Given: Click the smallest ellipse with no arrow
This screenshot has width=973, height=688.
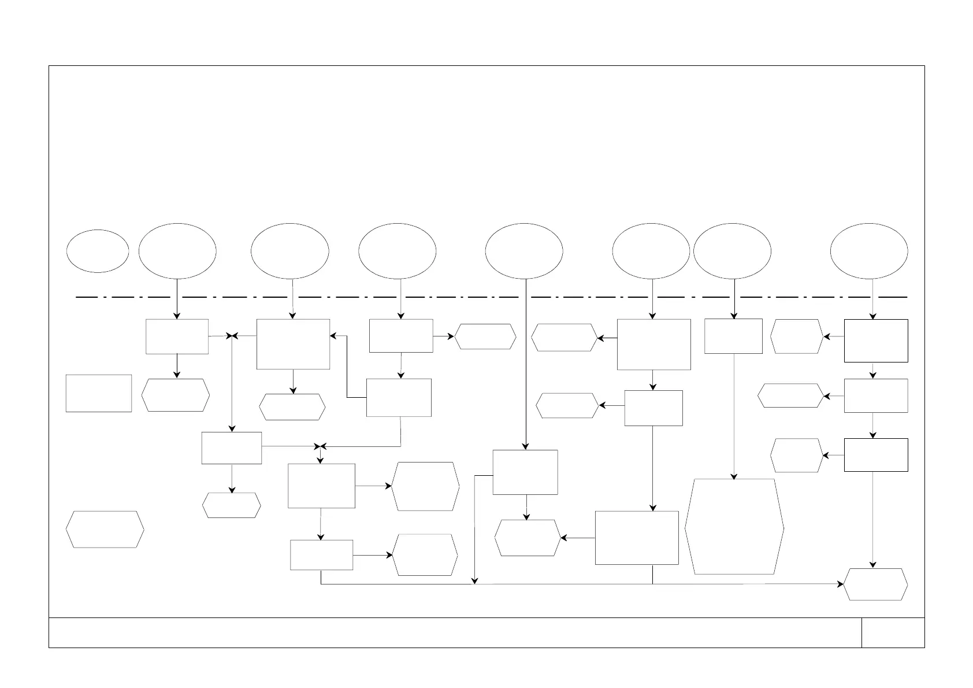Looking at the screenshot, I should pos(98,251).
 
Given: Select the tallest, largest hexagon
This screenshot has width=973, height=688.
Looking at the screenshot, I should pos(734,526).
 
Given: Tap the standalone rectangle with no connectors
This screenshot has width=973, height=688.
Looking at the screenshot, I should pos(99,393).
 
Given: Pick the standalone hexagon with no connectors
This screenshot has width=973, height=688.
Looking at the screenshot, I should pos(105,529).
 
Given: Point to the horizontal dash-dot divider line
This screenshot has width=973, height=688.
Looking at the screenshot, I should pos(491,297).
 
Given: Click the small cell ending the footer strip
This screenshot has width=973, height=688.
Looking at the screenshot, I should pos(893,632).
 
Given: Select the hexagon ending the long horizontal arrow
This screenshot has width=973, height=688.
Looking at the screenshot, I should pos(875,585).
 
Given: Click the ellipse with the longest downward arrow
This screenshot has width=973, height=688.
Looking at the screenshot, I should pos(524,251).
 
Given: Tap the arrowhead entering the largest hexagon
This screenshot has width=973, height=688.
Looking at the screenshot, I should pos(734,476).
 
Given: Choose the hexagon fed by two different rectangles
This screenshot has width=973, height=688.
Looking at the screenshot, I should pos(528,538).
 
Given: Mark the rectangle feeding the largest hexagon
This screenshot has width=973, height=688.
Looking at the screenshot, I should pos(733,336).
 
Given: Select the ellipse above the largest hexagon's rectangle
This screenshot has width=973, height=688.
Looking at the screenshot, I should pos(732,251).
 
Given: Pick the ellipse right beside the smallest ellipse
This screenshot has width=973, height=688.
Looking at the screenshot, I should pos(177,251).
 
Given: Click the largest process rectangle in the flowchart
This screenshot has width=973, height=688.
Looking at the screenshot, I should pos(637,538).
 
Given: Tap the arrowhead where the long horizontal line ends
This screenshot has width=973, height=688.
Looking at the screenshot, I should pos(841,585).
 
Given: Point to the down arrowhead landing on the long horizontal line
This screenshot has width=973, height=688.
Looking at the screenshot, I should pos(474,581).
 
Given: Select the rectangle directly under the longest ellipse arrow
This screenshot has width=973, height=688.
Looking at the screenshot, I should pos(525,472).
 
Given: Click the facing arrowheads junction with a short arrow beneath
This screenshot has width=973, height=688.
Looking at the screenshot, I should pos(321,446).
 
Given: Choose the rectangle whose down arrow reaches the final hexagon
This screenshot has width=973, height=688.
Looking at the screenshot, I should pos(875,455).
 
